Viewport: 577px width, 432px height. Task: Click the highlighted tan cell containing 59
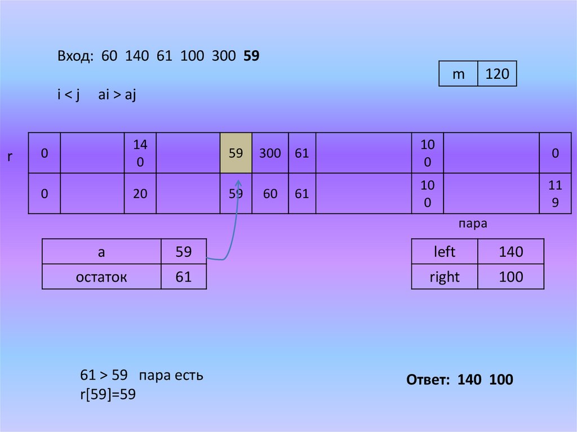click(x=236, y=153)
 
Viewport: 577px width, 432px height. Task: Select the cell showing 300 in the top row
click(x=270, y=153)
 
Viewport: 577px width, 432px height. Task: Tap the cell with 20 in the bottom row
click(x=140, y=194)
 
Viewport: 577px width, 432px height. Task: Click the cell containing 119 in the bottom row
click(x=555, y=194)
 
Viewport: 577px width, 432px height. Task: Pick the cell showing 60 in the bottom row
click(x=270, y=194)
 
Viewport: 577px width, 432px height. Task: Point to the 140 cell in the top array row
click(x=140, y=153)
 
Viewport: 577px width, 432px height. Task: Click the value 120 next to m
click(x=497, y=74)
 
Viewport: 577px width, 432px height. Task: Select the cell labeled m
click(x=459, y=74)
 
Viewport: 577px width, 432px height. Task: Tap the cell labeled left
click(x=445, y=252)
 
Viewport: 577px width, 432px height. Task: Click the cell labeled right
click(x=445, y=277)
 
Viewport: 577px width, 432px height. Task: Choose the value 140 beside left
click(x=511, y=252)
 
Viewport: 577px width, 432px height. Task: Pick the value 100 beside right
click(x=511, y=277)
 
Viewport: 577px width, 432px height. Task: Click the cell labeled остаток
click(x=101, y=277)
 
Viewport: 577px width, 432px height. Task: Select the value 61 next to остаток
click(x=184, y=277)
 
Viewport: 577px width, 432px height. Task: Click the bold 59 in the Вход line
click(x=251, y=56)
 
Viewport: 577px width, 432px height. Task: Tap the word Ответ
click(x=427, y=380)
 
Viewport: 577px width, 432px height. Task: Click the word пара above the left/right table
click(x=472, y=224)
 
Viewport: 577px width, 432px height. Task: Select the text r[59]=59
click(x=108, y=395)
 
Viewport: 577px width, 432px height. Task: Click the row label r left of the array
click(x=10, y=157)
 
